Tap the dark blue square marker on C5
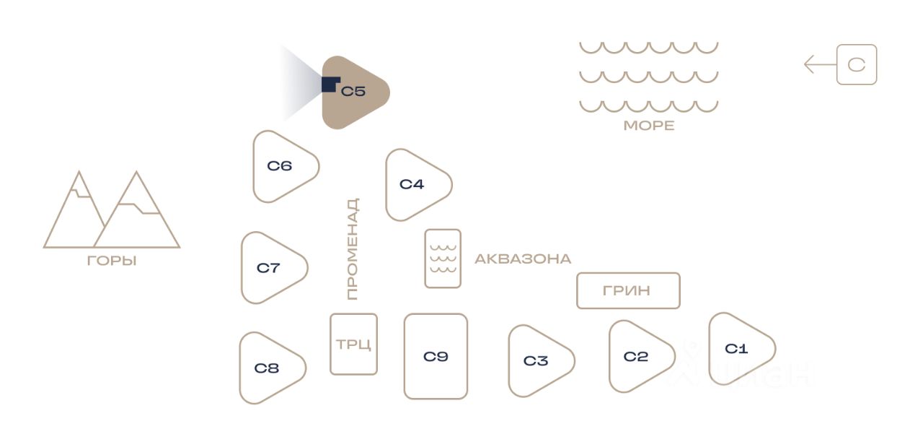[x=330, y=84]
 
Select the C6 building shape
[x=281, y=166]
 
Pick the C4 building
[x=414, y=184]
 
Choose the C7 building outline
[x=270, y=268]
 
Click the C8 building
[x=268, y=368]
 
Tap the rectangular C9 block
[x=436, y=356]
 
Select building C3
[x=537, y=360]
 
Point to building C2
[x=637, y=356]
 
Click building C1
[x=738, y=349]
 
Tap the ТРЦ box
[x=353, y=344]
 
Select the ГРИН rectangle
[x=628, y=290]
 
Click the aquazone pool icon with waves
[x=443, y=259]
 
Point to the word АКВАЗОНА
[x=523, y=259]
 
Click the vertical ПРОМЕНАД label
[x=353, y=249]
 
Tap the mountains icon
[x=112, y=212]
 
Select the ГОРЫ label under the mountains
[x=112, y=261]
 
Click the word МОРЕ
[x=649, y=126]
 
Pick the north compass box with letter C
[x=857, y=65]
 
